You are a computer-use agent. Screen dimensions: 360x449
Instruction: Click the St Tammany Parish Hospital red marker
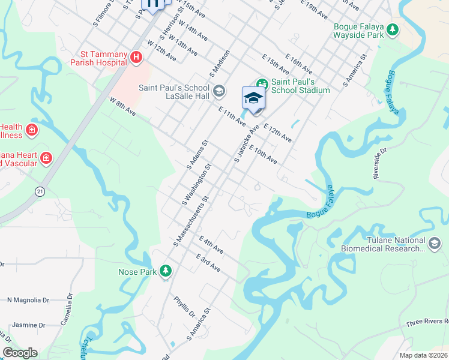136,57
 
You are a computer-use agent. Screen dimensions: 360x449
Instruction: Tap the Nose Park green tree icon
165,272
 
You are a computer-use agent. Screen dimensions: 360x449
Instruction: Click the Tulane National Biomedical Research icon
435,243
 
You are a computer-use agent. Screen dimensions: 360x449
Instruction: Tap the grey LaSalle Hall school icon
218,91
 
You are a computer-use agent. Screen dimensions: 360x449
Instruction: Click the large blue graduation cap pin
253,99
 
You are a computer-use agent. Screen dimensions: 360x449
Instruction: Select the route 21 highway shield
40,191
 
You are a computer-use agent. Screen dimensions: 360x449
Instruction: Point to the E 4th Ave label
211,244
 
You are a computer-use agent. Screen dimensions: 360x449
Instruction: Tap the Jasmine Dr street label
25,325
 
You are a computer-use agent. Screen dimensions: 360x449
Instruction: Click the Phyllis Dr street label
184,307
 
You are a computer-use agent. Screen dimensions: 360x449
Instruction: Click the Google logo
20,353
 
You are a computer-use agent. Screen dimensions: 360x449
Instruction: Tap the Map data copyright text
424,355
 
